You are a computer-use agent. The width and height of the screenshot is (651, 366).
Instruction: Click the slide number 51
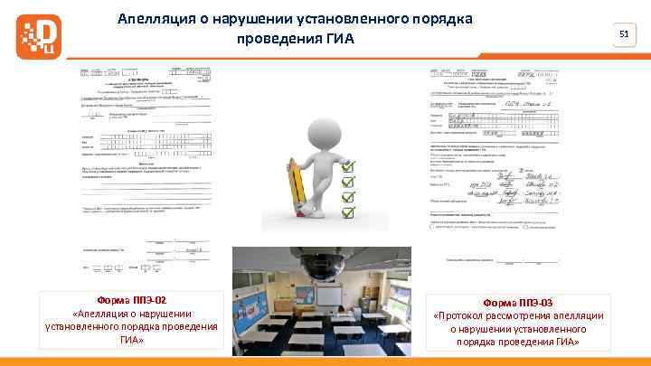click(x=623, y=34)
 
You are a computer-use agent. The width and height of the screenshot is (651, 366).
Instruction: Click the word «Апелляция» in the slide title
click(x=156, y=19)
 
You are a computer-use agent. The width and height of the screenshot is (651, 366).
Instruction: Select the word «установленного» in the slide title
click(x=358, y=19)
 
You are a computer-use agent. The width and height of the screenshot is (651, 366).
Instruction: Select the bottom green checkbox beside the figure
click(x=349, y=212)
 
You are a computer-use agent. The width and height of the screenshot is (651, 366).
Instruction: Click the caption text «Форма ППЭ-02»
click(x=131, y=300)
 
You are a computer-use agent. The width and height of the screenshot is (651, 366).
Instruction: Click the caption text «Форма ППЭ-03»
click(x=519, y=302)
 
